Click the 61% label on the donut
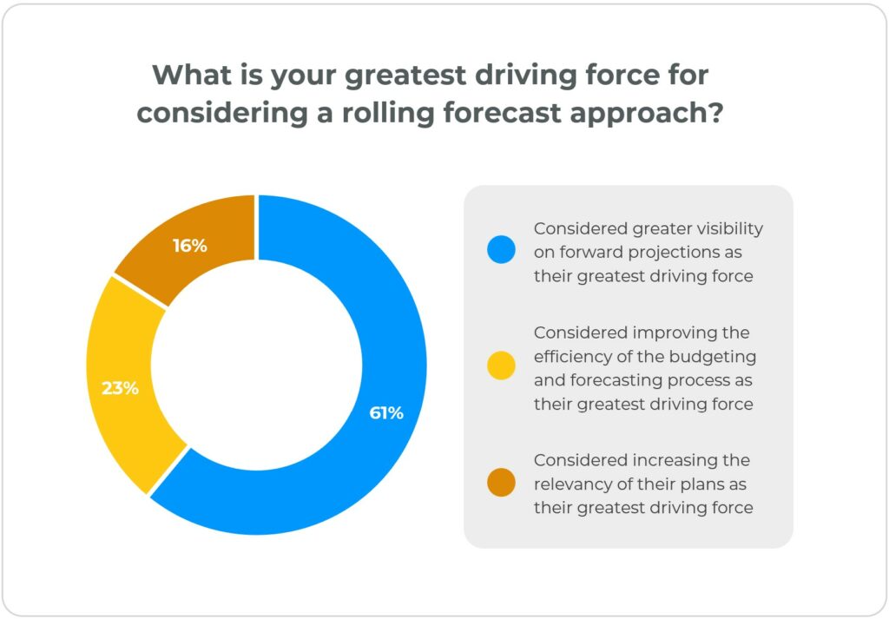386,413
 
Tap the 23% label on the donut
120,388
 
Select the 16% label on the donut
189,246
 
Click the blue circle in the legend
501,252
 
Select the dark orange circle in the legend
501,484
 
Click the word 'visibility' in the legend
724,228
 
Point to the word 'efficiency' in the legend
574,356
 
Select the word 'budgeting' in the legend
716,356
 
